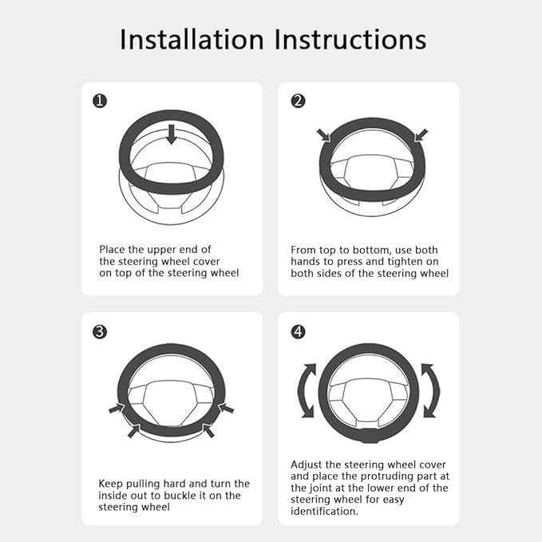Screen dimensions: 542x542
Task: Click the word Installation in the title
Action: (x=190, y=39)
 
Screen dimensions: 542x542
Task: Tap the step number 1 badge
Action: (x=100, y=101)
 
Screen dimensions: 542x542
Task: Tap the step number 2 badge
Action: (x=298, y=101)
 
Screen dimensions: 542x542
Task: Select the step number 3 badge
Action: (x=100, y=331)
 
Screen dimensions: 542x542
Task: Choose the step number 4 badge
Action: (x=298, y=331)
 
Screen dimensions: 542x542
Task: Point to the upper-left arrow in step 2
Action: (x=325, y=136)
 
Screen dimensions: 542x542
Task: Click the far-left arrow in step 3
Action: (x=116, y=409)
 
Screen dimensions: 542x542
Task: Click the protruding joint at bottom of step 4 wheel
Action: (x=369, y=437)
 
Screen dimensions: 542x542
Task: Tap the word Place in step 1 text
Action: (x=113, y=250)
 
